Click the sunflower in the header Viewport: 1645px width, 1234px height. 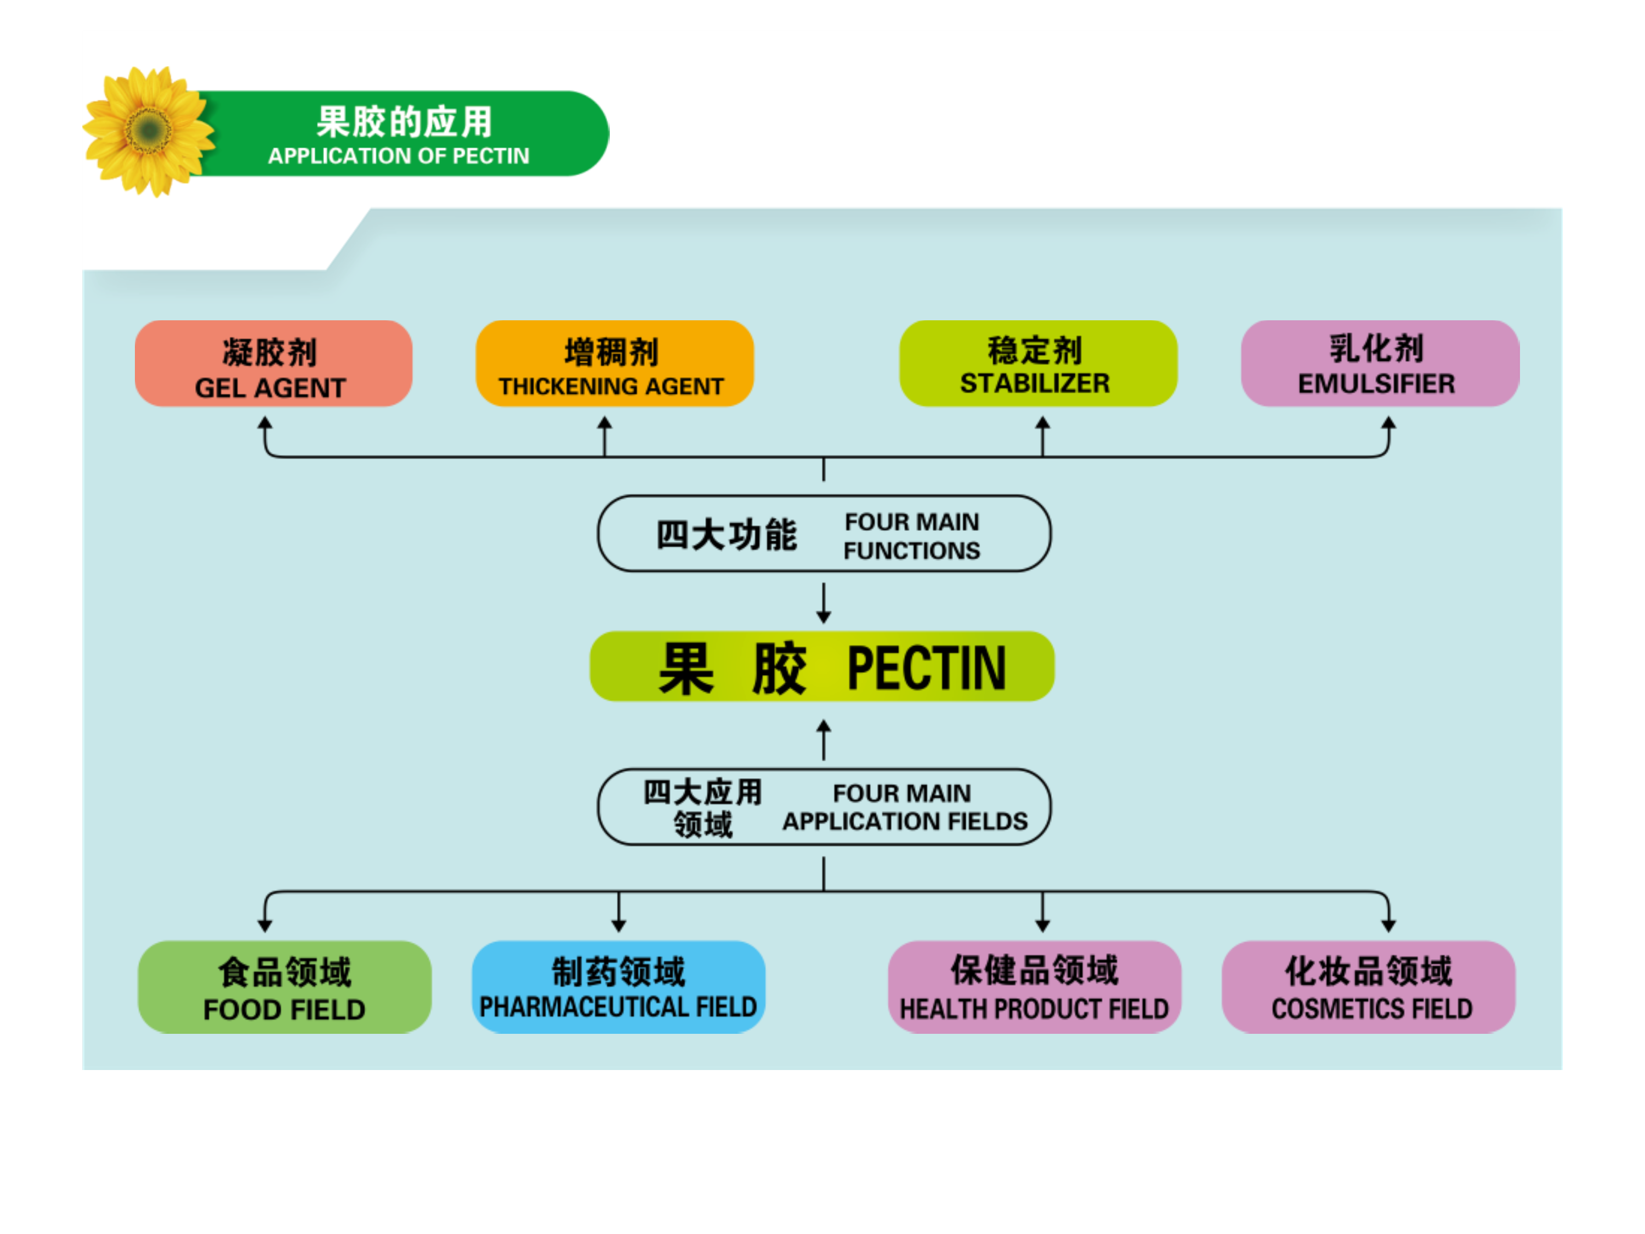tap(149, 131)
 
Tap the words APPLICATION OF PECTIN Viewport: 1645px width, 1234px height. tap(399, 156)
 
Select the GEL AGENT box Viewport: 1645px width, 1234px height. tap(273, 364)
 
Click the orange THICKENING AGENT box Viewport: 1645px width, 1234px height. tap(614, 364)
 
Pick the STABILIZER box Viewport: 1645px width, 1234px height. tap(1037, 364)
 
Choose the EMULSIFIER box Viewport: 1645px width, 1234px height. tap(1380, 364)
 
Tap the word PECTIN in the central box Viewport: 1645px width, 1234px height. tap(926, 668)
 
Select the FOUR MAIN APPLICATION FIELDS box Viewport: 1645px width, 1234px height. tap(824, 807)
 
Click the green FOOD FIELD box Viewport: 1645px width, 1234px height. tap(285, 987)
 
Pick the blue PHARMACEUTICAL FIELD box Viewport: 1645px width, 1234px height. tap(618, 987)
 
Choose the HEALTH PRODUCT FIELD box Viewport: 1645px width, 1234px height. tap(1035, 987)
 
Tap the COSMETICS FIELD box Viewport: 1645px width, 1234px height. tap(1368, 987)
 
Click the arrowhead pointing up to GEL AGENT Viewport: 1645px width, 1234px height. tap(265, 422)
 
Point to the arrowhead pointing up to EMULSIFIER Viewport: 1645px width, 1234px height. tap(1388, 422)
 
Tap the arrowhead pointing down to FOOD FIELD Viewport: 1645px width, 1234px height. tap(265, 926)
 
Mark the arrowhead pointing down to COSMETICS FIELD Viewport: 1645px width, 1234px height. tap(1388, 926)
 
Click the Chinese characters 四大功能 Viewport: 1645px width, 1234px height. tap(726, 535)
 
